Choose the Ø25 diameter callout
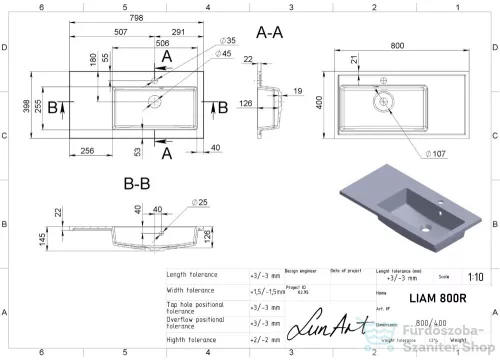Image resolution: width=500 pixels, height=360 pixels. coord(201,205)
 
